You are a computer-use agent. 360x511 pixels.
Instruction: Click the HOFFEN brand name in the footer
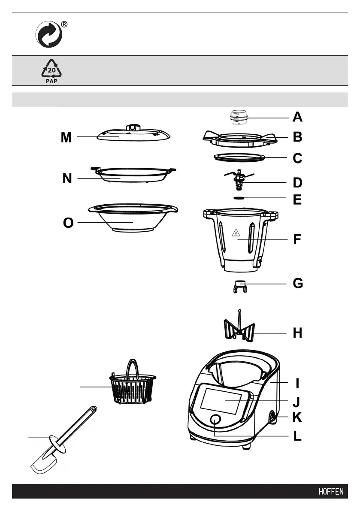coord(331,492)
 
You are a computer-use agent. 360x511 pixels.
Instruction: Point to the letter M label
coord(66,137)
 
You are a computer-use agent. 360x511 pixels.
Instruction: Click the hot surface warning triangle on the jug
coord(236,233)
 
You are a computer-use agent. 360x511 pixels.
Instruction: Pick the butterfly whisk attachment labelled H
coord(240,331)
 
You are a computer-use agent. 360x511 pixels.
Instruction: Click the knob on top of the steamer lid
coord(133,127)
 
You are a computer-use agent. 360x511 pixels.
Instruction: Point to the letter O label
coord(68,223)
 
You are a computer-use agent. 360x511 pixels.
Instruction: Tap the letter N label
coord(67,178)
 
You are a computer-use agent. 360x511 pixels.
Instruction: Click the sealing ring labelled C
coord(240,158)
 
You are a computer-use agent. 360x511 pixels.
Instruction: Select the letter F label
coord(297,239)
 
